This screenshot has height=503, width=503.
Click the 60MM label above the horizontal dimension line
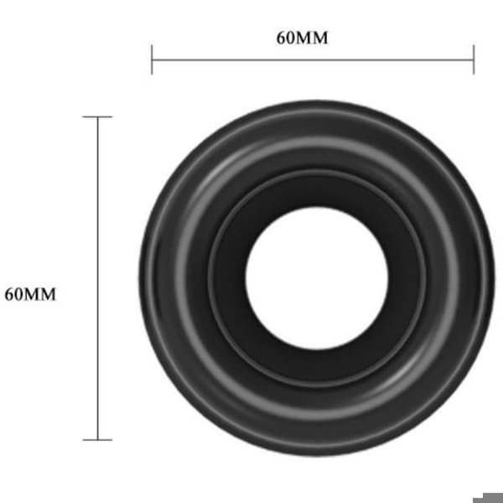pos(302,38)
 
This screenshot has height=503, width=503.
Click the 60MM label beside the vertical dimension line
pos(30,294)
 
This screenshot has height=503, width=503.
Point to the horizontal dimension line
pos(313,60)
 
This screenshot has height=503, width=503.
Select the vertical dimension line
pos(98,278)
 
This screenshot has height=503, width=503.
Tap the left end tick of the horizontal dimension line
pos(152,60)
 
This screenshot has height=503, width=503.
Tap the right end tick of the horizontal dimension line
pos(474,60)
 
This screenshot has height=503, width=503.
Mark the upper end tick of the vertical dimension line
pos(97,117)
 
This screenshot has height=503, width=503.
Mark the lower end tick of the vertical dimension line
pos(97,440)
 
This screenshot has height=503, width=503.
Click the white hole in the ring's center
pos(317,278)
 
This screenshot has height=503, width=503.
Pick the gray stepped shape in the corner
pos(488,497)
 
